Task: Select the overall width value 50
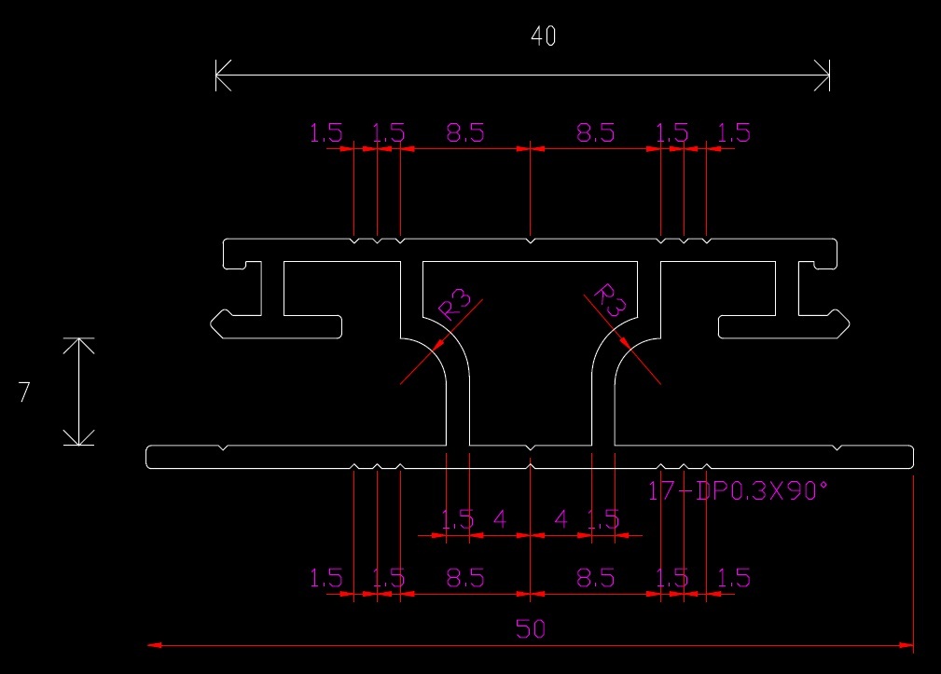tap(530, 629)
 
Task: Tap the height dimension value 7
tap(24, 392)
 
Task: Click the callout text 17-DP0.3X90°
tap(737, 491)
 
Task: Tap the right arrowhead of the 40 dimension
tap(823, 75)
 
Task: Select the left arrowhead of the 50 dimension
tap(154, 644)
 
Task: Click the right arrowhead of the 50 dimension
tap(906, 644)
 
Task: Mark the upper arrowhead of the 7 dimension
tap(79, 344)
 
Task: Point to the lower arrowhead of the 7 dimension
tap(79, 438)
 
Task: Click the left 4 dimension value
tap(499, 519)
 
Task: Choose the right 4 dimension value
tap(560, 519)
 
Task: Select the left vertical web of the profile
tap(458, 410)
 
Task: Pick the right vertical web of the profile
tap(602, 410)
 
